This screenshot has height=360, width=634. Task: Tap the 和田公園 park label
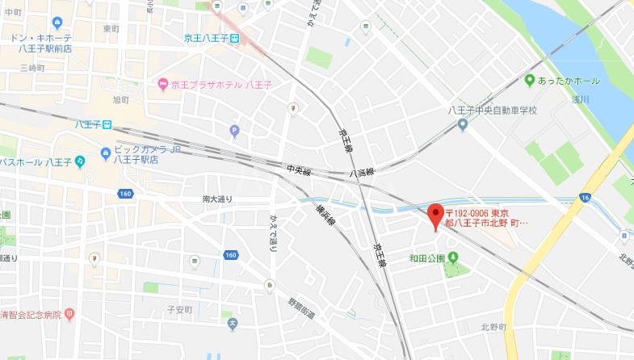pos(426,258)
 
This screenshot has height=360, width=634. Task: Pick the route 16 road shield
pos(584,198)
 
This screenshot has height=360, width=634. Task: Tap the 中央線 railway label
pos(298,170)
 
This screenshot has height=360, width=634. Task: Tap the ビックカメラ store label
pos(145,150)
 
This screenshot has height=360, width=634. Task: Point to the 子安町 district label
pos(178,309)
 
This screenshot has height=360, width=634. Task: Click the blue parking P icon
pos(235,129)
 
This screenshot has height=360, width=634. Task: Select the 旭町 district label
pos(121,99)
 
